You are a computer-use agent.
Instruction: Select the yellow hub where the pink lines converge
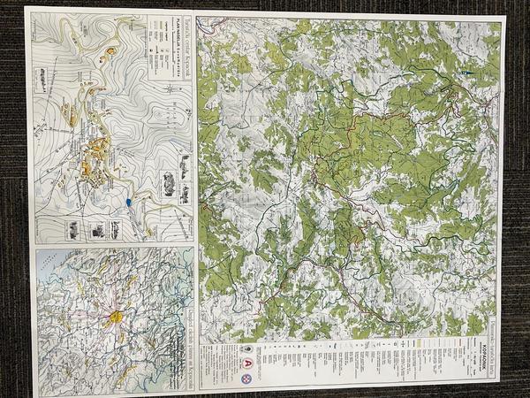[115, 316]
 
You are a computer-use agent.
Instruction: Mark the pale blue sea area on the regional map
[53, 265]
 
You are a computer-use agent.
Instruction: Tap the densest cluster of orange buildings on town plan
[91, 159]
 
